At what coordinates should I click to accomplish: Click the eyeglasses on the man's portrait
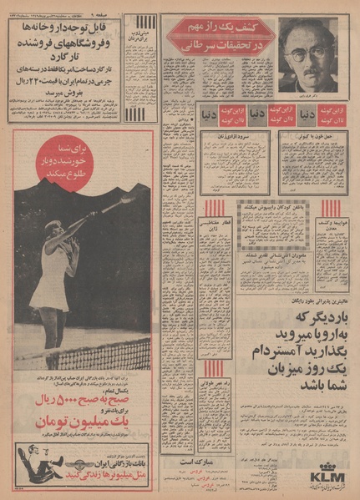pyautogui.click(x=305, y=45)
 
